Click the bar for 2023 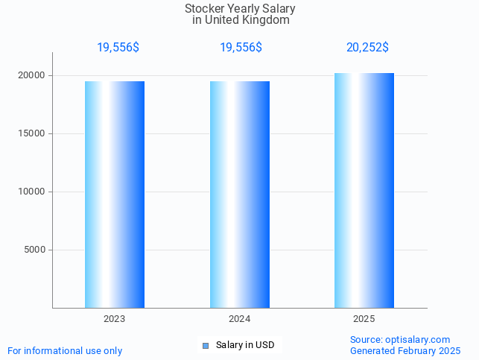coord(115,195)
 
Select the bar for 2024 coord(240,195)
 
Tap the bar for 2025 coord(364,191)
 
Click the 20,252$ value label coord(367,47)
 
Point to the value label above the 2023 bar coord(118,47)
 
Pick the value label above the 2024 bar coord(241,47)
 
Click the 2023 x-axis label coord(115,319)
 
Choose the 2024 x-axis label coord(240,319)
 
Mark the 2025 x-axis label coord(364,319)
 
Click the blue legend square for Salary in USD coord(206,345)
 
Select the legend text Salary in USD coord(245,345)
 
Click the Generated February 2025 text coord(405,350)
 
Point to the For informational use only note coord(65,350)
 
